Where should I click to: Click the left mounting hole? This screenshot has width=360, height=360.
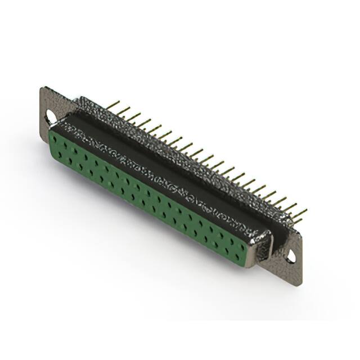pos(51,117)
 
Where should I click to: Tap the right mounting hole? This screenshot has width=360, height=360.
pos(291,256)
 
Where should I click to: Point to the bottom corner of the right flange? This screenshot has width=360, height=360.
pos(299,282)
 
